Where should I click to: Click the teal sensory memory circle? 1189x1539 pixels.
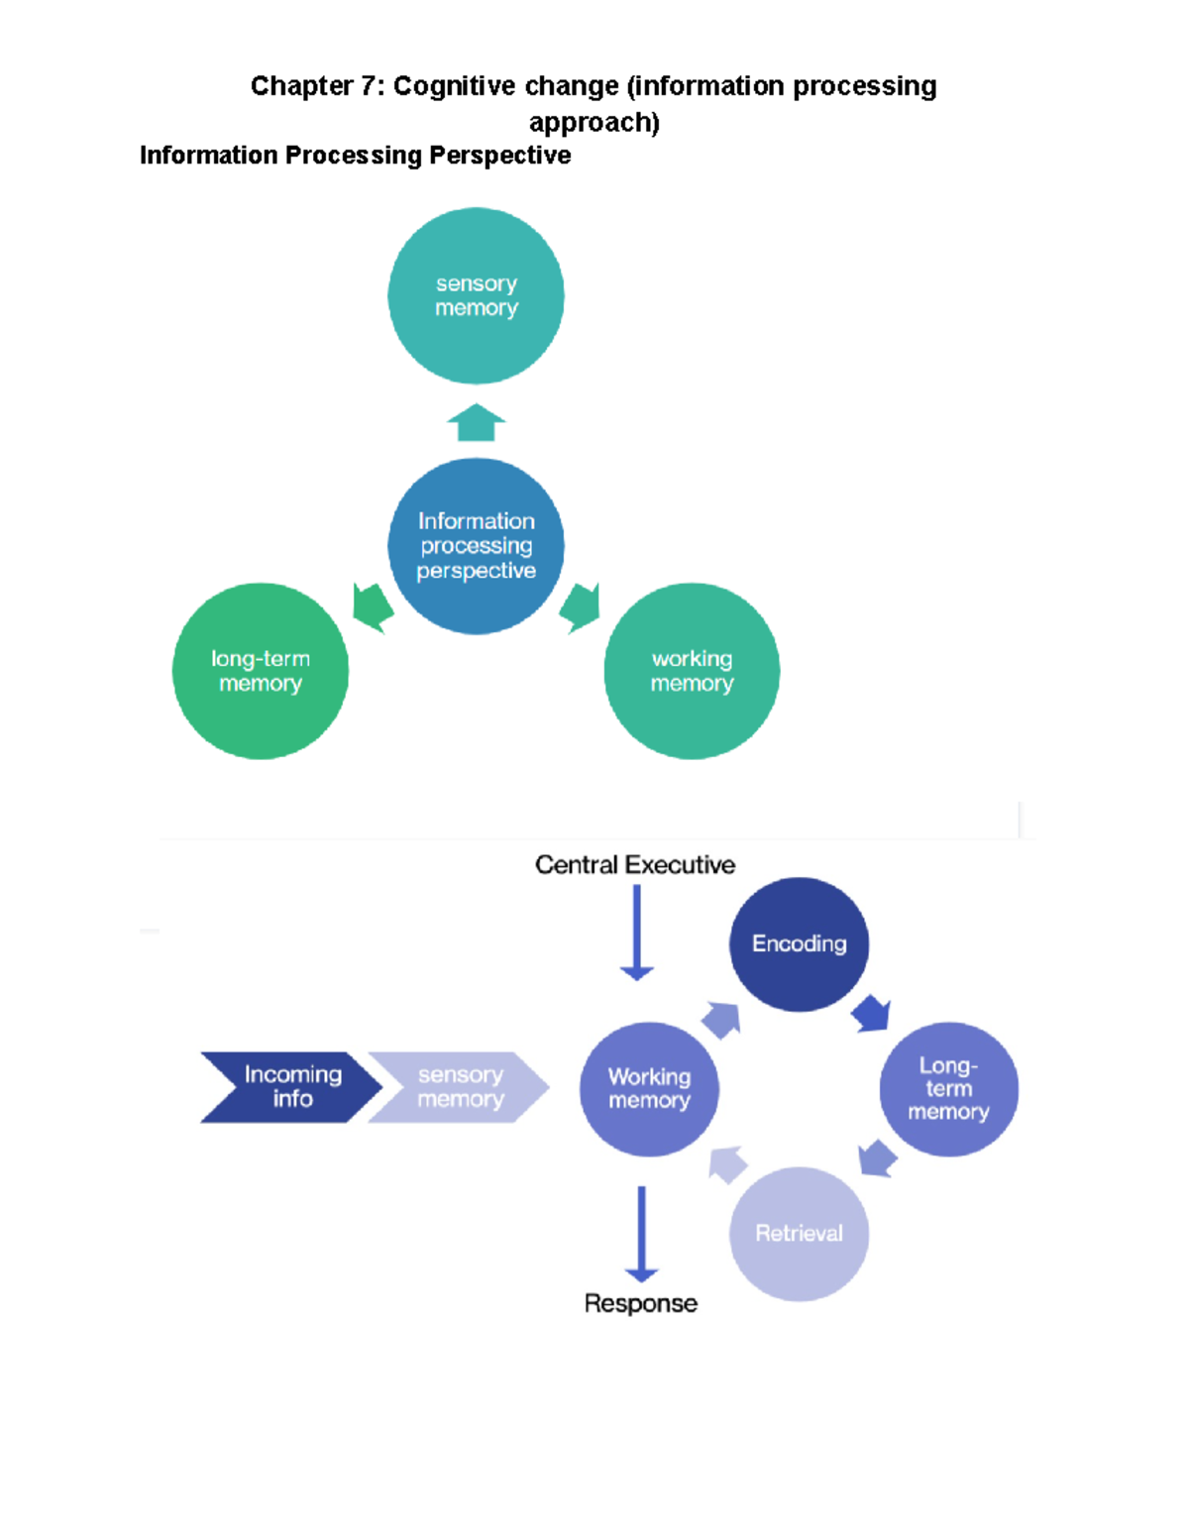476,295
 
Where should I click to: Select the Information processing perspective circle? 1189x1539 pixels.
476,545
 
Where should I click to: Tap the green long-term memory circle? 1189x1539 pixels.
261,671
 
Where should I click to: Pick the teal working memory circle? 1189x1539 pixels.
692,671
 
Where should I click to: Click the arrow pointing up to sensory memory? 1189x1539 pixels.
476,423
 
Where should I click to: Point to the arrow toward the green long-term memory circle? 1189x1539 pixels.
373,606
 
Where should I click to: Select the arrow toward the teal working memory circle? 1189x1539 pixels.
581,606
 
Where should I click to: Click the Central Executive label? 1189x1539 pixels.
635,865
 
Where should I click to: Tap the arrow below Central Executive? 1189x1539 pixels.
636,932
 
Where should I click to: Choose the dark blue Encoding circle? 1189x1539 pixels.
799,943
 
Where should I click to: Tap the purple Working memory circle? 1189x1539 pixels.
649,1089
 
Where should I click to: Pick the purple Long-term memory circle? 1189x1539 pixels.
948,1089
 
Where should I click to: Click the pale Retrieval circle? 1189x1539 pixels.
799,1234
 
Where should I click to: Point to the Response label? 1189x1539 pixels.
640,1303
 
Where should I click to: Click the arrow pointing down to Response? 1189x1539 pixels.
641,1234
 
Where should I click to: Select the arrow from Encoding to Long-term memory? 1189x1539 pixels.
872,1013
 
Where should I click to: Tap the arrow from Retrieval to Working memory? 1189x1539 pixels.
727,1164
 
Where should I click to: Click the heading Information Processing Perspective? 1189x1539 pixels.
355,156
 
